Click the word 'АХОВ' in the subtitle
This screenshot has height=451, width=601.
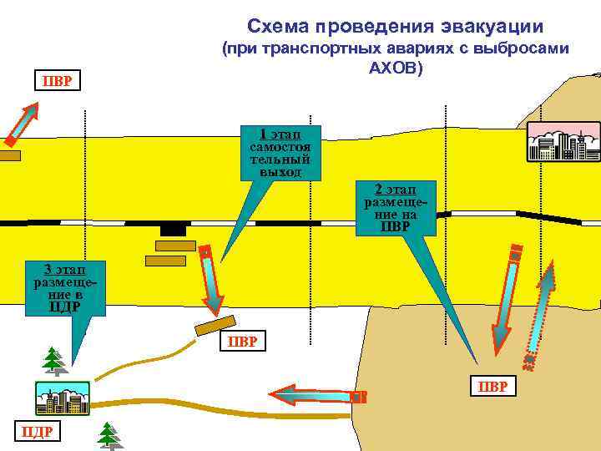(396, 66)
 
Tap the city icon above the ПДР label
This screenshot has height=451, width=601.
(62, 398)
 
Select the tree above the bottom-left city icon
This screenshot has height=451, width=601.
(54, 360)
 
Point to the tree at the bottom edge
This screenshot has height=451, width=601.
(109, 435)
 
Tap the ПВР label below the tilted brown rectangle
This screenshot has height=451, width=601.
(243, 342)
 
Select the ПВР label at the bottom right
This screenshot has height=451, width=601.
(494, 386)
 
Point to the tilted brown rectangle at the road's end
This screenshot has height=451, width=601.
(215, 326)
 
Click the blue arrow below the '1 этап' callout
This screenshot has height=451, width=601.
(211, 281)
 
